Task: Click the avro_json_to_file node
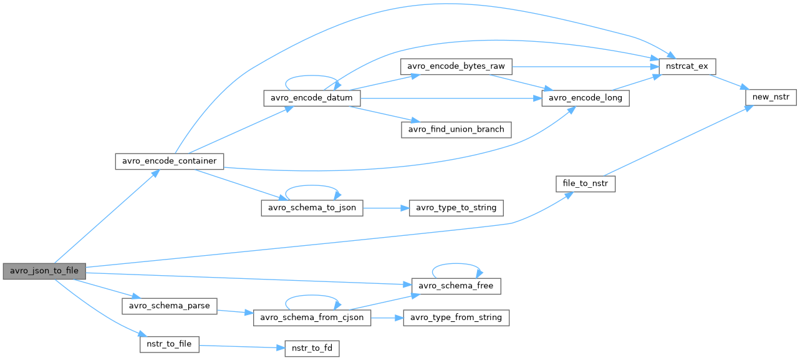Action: tap(44, 271)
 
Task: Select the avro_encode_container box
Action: tap(169, 161)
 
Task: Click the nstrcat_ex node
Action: tap(682, 66)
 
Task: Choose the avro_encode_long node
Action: tap(586, 98)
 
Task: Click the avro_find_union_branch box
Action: tap(456, 130)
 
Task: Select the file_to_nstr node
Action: tap(586, 184)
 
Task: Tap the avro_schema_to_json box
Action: tap(312, 208)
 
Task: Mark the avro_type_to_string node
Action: tap(456, 208)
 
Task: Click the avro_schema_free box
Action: tap(456, 286)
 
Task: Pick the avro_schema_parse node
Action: tap(169, 306)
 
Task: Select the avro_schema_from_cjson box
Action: tap(312, 318)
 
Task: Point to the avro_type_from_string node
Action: tap(456, 318)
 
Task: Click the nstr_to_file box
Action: tap(170, 344)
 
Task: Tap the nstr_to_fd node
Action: tap(312, 348)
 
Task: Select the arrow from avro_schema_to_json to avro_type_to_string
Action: tap(386, 208)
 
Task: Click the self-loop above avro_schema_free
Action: tap(456, 265)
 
